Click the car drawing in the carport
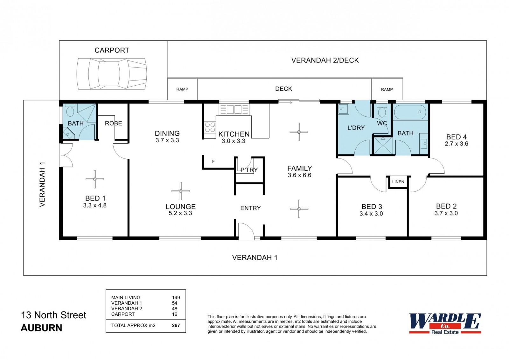pyautogui.click(x=112, y=74)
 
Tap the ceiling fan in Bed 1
pyautogui.click(x=95, y=179)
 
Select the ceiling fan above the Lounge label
pyautogui.click(x=181, y=191)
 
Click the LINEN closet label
pyautogui.click(x=398, y=182)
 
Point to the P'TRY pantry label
pyautogui.click(x=249, y=170)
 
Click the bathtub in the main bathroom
pyautogui.click(x=410, y=112)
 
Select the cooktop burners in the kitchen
pyautogui.click(x=210, y=127)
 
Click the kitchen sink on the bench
pyautogui.click(x=234, y=109)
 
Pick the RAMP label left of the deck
pyautogui.click(x=182, y=89)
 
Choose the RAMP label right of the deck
pyautogui.click(x=387, y=89)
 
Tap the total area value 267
pyautogui.click(x=176, y=325)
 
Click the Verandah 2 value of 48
pyautogui.click(x=175, y=309)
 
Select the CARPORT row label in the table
pyautogui.click(x=123, y=314)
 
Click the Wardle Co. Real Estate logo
pyautogui.click(x=445, y=324)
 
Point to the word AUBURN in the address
pyautogui.click(x=41, y=328)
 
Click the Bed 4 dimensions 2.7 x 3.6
pyautogui.click(x=457, y=144)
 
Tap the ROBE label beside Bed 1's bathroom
pyautogui.click(x=113, y=123)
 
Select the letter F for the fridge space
pyautogui.click(x=213, y=161)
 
